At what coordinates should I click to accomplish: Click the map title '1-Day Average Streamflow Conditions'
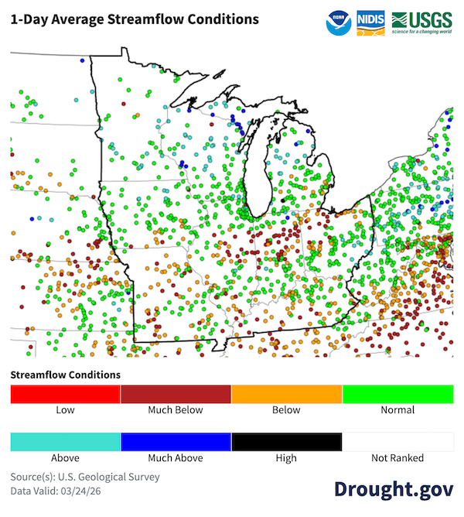[x=135, y=19]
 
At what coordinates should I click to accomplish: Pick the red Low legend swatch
[x=65, y=394]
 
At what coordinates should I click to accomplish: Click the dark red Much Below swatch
[x=176, y=394]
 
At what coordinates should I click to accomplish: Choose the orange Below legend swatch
[x=287, y=394]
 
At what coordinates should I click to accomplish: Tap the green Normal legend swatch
[x=397, y=394]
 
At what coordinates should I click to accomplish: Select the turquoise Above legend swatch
[x=65, y=442]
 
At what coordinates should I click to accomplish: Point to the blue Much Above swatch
[x=176, y=442]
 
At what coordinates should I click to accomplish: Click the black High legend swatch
[x=287, y=442]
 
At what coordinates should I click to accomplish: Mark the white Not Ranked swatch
[x=397, y=442]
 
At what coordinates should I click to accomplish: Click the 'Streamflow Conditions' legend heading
[x=65, y=375]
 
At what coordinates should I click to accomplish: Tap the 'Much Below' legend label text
[x=176, y=410]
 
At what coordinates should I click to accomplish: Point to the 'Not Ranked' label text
[x=397, y=458]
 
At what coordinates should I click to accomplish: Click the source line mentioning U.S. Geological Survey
[x=85, y=477]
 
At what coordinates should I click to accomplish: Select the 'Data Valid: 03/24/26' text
[x=60, y=491]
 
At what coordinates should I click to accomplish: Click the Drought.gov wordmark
[x=393, y=489]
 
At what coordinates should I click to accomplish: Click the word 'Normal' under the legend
[x=397, y=410]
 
